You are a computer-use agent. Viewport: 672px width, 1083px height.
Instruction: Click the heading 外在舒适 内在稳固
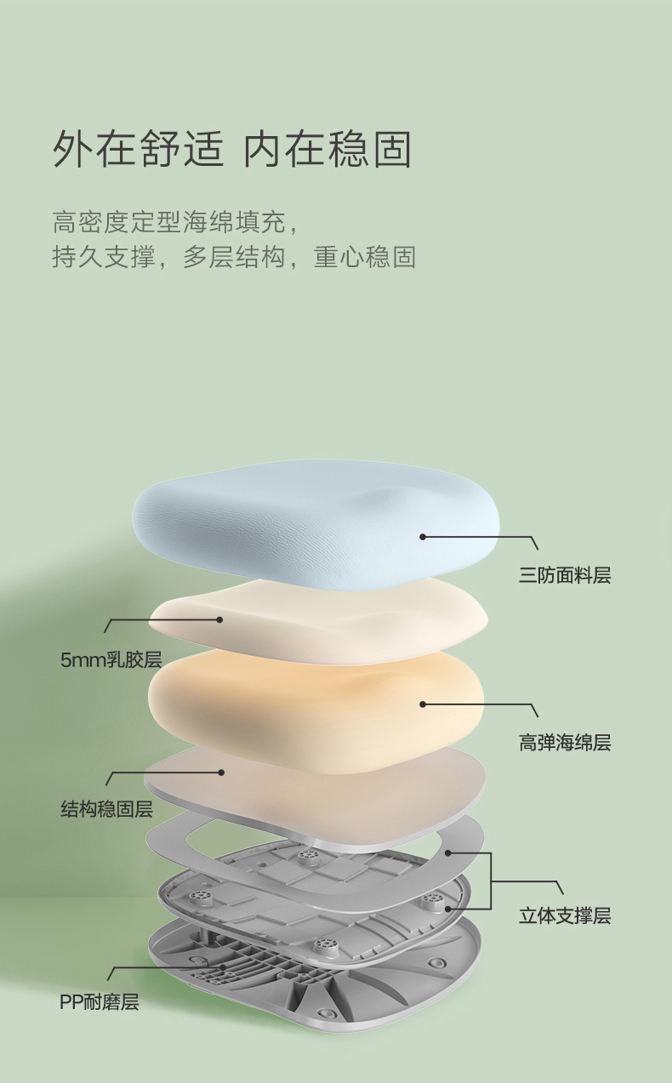[232, 149]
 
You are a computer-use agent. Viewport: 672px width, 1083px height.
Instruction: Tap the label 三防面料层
[565, 576]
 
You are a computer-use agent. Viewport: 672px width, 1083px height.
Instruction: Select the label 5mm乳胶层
[111, 659]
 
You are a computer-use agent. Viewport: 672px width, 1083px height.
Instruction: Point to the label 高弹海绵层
[565, 743]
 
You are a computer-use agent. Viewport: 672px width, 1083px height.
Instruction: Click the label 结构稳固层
[106, 809]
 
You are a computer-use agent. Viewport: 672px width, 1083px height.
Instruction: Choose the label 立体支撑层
[565, 915]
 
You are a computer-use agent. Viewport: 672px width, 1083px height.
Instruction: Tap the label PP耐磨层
[99, 1002]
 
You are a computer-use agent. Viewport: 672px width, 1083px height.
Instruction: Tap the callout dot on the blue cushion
[423, 537]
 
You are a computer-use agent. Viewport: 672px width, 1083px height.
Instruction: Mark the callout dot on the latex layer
[219, 619]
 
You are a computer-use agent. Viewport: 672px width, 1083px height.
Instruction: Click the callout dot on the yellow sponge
[423, 704]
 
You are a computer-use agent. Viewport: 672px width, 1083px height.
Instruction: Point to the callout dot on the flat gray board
[221, 772]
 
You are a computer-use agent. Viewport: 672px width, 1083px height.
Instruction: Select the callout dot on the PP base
[223, 967]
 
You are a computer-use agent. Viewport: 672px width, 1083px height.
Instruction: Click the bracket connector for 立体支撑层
[492, 881]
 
